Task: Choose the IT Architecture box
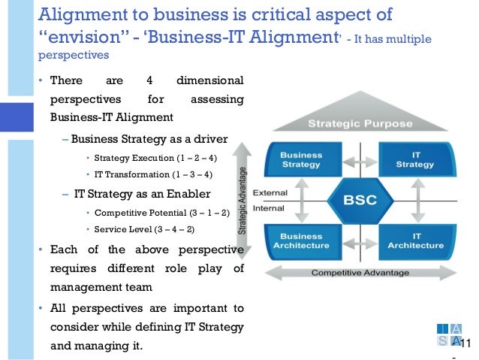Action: point(414,240)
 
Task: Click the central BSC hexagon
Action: point(359,200)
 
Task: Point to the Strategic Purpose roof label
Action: point(359,123)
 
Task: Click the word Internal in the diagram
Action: point(268,207)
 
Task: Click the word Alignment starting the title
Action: point(79,15)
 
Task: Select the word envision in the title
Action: point(83,38)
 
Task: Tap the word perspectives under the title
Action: point(73,56)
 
